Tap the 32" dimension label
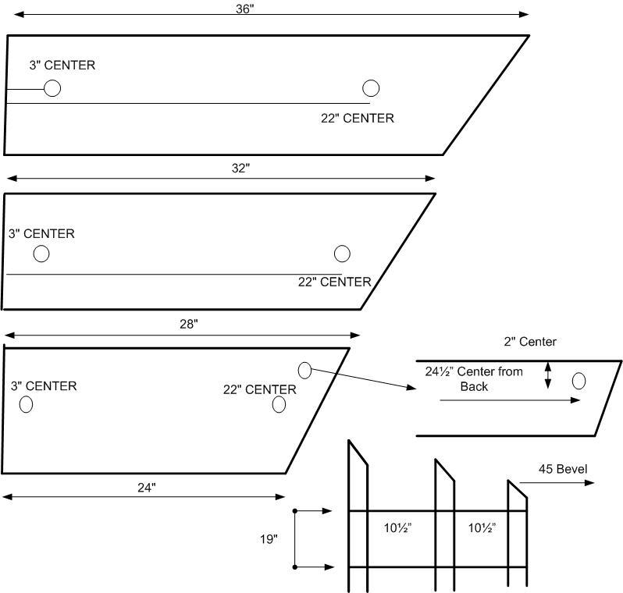pos(241,169)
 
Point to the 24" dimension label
pos(147,488)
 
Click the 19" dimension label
pos(268,539)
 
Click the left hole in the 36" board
pos(52,88)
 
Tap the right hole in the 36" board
pos(371,88)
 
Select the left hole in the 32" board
pos(41,254)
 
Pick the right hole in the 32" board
pos(342,254)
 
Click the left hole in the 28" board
pos(26,404)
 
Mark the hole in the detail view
pos(578,381)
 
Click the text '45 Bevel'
pos(562,469)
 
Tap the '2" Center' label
pos(531,342)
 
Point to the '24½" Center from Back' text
pos(473,378)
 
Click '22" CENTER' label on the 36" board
pos(357,119)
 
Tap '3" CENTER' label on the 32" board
pos(41,233)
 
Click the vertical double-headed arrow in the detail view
pos(548,375)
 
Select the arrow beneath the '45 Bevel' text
pos(556,483)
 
